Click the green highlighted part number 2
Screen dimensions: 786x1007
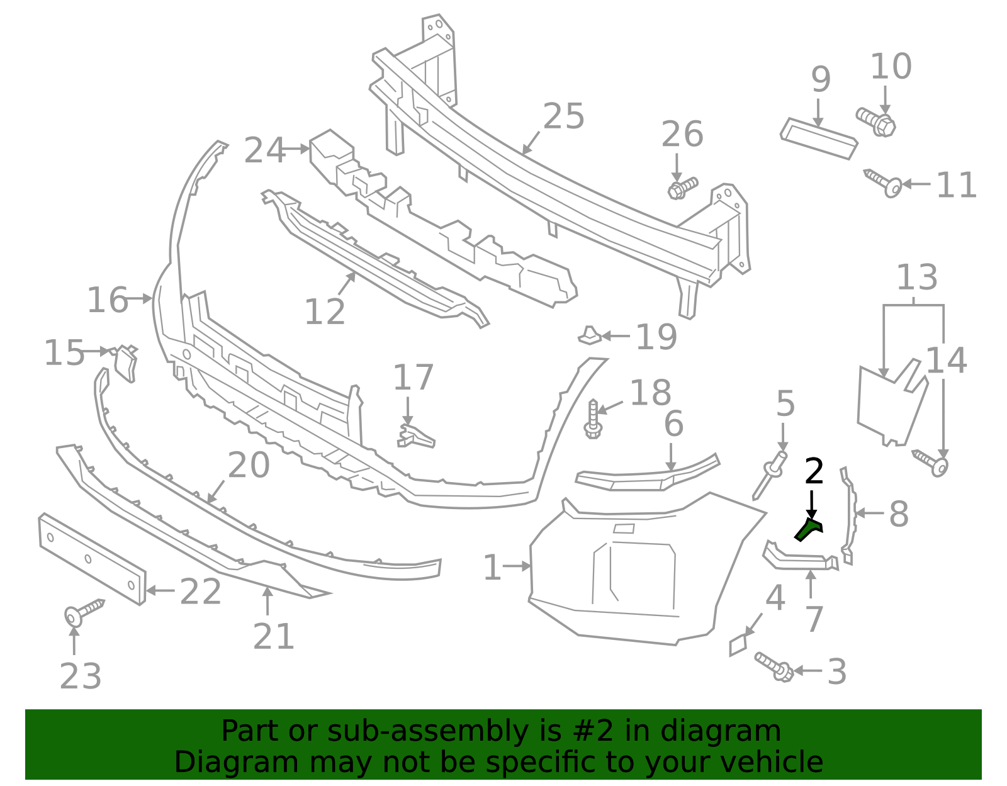coord(808,530)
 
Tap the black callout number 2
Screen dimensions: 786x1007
coord(814,472)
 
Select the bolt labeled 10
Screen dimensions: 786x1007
coord(875,121)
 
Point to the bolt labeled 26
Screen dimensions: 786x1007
coord(682,188)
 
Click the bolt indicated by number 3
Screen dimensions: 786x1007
coord(774,666)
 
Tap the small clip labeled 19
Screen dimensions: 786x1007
coord(590,335)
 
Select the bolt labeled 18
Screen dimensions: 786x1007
coord(593,419)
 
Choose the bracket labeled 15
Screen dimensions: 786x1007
coord(126,364)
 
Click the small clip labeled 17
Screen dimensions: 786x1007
coord(415,435)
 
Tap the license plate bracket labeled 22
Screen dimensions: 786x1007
coord(92,559)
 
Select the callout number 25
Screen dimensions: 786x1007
coord(563,117)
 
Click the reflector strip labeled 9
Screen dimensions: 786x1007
coord(819,138)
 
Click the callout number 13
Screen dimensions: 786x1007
coord(916,278)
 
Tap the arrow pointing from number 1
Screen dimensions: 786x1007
coord(517,566)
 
